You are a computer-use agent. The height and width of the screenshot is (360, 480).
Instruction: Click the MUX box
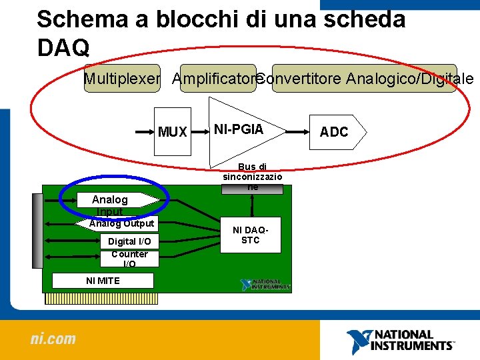click(173, 131)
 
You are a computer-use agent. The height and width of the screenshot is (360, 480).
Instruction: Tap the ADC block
click(337, 132)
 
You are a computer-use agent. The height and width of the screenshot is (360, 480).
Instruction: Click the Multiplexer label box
click(122, 79)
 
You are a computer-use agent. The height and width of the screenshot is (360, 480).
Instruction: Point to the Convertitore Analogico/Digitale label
click(364, 79)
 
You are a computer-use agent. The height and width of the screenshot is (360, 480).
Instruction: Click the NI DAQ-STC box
click(251, 235)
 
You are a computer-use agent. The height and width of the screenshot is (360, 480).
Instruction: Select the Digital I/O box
click(129, 241)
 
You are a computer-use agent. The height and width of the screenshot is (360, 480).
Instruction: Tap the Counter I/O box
click(129, 259)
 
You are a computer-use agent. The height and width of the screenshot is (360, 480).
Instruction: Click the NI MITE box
click(103, 281)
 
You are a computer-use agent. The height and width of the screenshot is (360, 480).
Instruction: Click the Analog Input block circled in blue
click(110, 201)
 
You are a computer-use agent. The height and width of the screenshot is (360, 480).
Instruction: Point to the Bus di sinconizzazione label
click(252, 177)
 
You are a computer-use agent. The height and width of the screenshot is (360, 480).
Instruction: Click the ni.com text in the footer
click(53, 339)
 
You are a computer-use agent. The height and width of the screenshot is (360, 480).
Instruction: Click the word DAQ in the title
click(63, 47)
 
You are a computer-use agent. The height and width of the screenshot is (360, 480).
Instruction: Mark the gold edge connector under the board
click(101, 299)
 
